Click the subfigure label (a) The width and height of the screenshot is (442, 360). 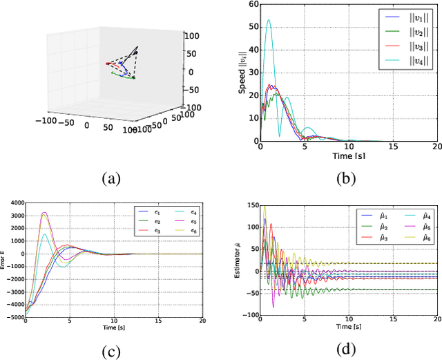[111, 179]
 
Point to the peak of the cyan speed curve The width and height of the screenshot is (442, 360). [269, 20]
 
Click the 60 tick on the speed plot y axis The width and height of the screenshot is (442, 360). [253, 5]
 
